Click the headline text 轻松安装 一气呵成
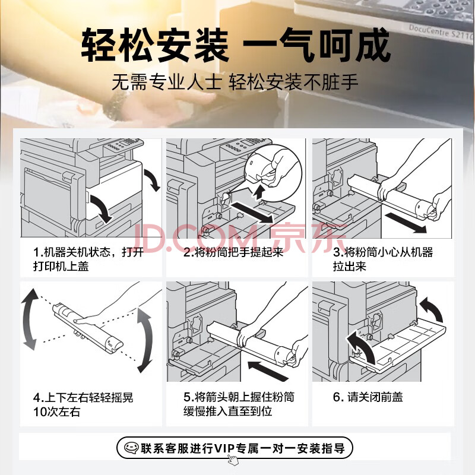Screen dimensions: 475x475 [236, 45]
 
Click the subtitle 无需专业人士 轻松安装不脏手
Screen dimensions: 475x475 [235, 82]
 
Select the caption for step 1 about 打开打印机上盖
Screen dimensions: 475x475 [88, 259]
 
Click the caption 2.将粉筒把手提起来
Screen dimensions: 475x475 [233, 252]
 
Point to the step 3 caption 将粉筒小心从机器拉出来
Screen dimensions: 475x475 [383, 259]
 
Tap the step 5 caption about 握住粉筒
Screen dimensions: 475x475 [239, 404]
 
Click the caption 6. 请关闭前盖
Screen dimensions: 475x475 [368, 397]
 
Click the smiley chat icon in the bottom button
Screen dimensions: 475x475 [131, 448]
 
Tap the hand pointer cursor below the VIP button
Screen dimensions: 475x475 [233, 460]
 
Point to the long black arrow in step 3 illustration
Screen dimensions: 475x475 [406, 223]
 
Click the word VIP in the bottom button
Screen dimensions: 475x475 [225, 448]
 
